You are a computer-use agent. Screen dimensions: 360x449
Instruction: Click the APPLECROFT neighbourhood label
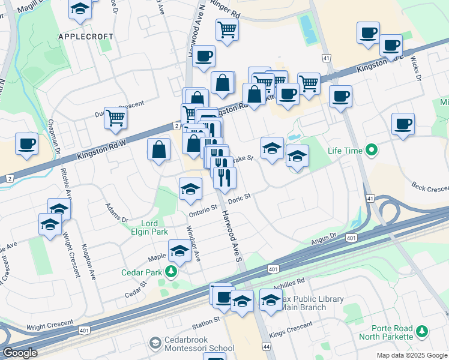coord(86,37)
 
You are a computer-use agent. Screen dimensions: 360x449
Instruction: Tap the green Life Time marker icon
coord(372,150)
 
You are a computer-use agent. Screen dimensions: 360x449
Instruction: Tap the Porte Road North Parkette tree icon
coord(423,331)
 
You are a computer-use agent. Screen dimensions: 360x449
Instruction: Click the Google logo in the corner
coord(19,353)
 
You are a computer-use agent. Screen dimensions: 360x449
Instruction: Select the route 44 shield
coord(265,346)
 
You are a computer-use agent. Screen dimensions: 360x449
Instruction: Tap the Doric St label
coord(238,197)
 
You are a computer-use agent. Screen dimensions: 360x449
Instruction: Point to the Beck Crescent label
coord(429,188)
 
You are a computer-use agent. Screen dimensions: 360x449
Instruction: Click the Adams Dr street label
coord(116,212)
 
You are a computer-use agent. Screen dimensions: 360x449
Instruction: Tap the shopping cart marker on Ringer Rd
coord(227,28)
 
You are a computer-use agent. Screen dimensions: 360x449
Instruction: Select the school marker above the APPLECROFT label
coord(79,10)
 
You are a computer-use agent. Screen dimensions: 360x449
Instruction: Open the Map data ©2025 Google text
coord(412,355)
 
